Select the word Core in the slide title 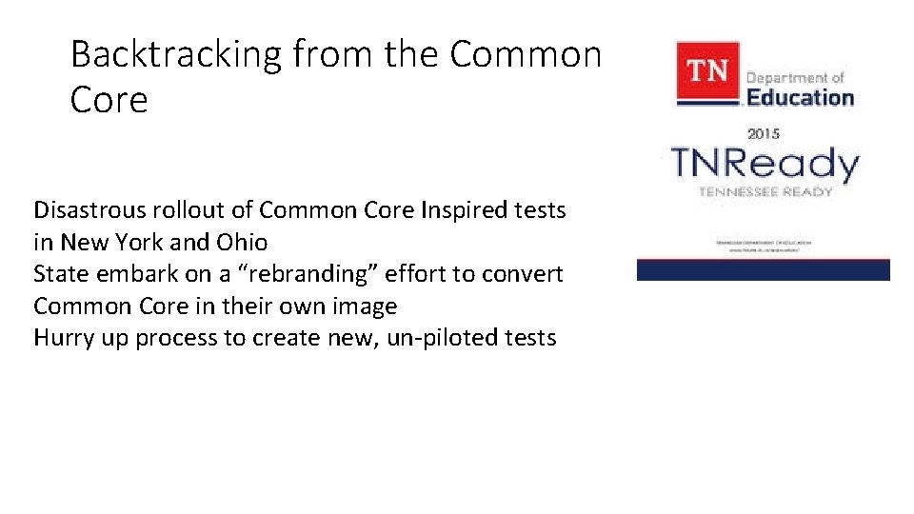[x=109, y=101]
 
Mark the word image [x=364, y=306]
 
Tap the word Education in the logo [x=800, y=97]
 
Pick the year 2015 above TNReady [x=763, y=133]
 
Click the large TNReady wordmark [x=765, y=164]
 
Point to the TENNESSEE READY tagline [x=765, y=191]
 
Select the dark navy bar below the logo [x=763, y=270]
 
